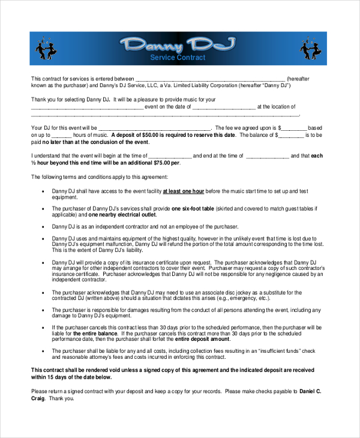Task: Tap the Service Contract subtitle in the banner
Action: [178, 58]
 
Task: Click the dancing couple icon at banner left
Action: [46, 47]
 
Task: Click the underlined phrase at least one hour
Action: [182, 191]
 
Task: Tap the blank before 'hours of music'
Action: [74, 136]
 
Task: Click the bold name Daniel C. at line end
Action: [311, 391]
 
